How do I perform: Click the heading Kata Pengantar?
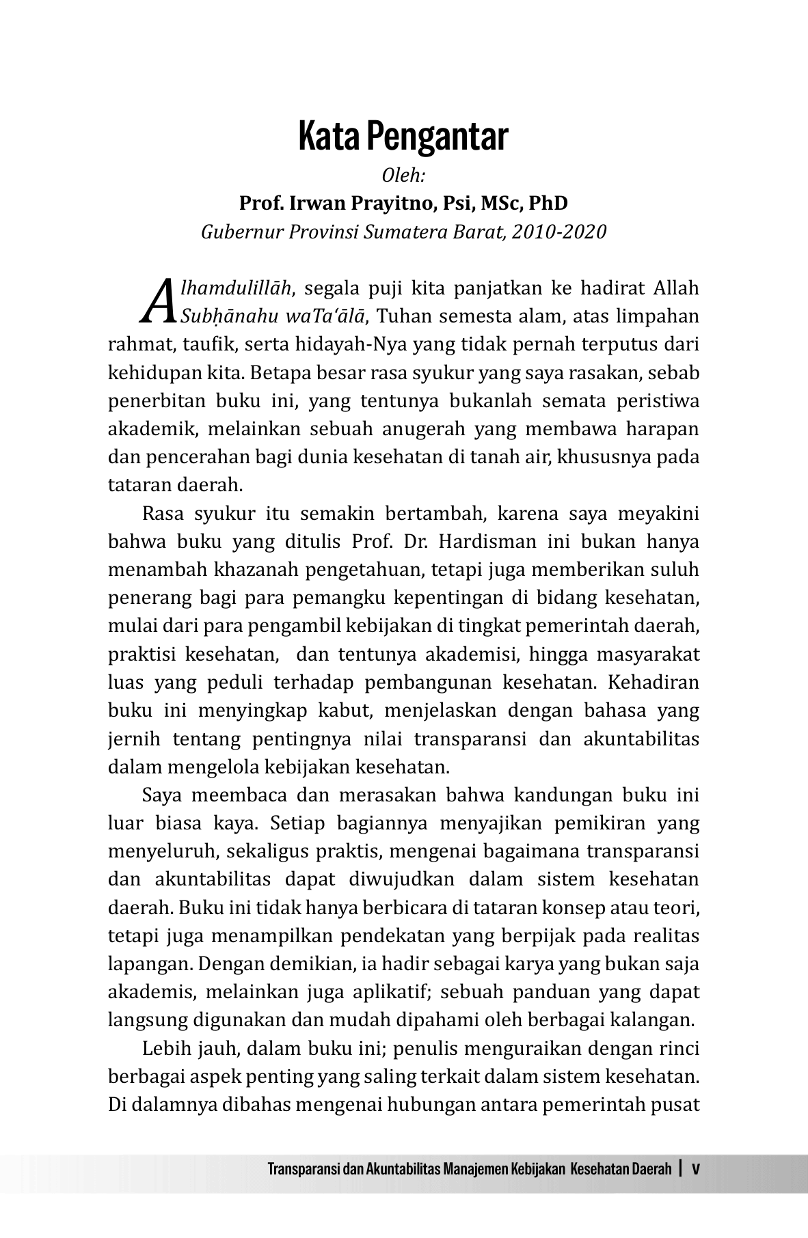point(403,137)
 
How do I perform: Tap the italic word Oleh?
point(403,176)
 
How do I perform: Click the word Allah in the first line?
point(677,288)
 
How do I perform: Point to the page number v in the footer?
point(696,1168)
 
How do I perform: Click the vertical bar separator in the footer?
point(682,1168)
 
